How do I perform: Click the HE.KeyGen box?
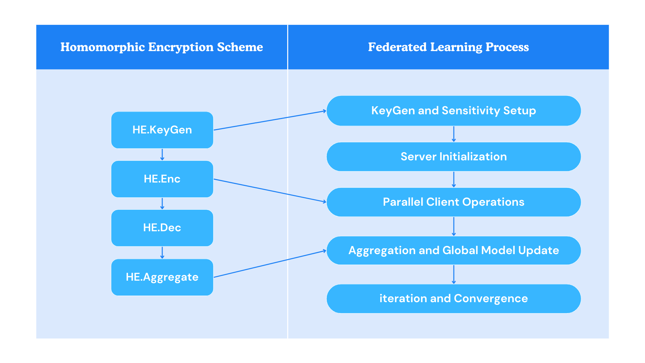tap(162, 130)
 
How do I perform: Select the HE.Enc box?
tap(162, 179)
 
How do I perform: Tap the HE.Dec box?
tap(162, 228)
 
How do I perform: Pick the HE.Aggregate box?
tap(162, 277)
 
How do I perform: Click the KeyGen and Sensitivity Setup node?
tap(454, 111)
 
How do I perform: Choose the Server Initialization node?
tap(454, 157)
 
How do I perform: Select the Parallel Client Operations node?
tap(454, 202)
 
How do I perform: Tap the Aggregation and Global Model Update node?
tap(454, 250)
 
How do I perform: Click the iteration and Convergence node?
tap(454, 298)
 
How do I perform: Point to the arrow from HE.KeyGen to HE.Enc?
tap(162, 155)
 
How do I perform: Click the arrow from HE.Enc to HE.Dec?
tap(162, 204)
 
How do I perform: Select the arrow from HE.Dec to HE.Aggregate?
tap(162, 253)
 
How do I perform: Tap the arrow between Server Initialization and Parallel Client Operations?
tap(454, 179)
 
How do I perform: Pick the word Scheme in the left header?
tap(240, 47)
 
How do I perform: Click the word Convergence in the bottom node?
tap(491, 298)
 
